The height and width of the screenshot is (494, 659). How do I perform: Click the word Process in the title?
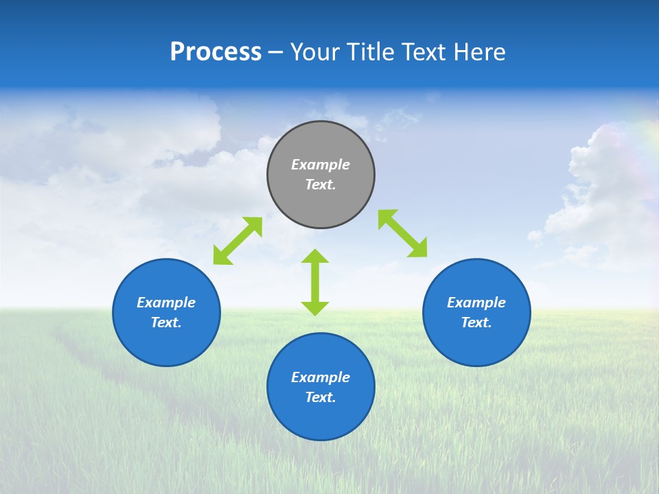pyautogui.click(x=216, y=52)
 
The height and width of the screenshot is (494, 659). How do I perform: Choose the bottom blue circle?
pyautogui.click(x=321, y=419)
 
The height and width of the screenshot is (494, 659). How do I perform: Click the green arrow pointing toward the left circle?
pyautogui.click(x=238, y=241)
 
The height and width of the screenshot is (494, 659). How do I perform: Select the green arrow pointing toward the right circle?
pyautogui.click(x=402, y=233)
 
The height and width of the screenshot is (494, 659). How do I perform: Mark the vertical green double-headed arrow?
pyautogui.click(x=315, y=282)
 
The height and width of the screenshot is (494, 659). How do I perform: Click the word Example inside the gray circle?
pyautogui.click(x=321, y=165)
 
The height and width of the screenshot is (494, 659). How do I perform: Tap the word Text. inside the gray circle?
pyautogui.click(x=321, y=185)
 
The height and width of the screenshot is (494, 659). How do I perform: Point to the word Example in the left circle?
pyautogui.click(x=166, y=303)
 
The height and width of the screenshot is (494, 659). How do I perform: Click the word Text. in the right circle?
pyautogui.click(x=476, y=322)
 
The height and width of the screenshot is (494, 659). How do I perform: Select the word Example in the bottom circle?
pyautogui.click(x=321, y=377)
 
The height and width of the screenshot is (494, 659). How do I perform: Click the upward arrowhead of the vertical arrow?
pyautogui.click(x=315, y=256)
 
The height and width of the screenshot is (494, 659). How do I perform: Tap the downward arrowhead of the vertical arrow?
pyautogui.click(x=315, y=308)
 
